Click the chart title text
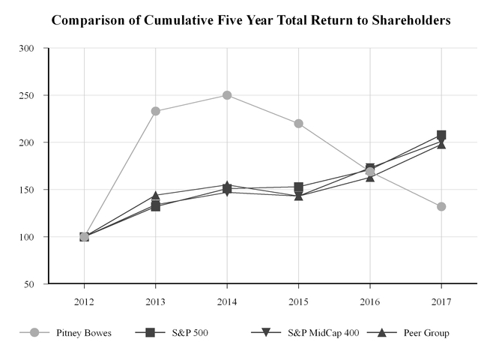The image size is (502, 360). [251, 20]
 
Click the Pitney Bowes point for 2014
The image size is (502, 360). [227, 95]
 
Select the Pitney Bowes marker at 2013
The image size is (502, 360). [155, 111]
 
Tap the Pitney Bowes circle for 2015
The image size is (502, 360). [298, 123]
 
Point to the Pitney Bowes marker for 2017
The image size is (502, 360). [441, 206]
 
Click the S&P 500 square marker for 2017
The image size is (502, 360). [441, 135]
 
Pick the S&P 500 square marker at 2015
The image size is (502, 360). [298, 187]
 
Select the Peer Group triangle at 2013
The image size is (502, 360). [155, 196]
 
